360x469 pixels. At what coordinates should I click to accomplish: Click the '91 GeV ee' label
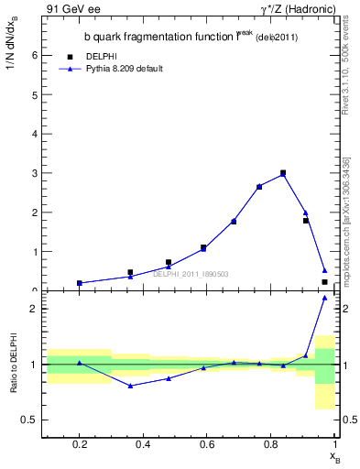tap(72, 8)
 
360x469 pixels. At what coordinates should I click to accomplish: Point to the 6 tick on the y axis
tap(35, 55)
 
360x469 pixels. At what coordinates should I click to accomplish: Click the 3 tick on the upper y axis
tap(35, 173)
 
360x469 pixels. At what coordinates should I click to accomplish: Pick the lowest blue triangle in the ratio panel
tap(131, 386)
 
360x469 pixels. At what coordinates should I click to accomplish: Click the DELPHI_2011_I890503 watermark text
tap(190, 273)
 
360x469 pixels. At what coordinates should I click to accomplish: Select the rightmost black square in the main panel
tap(324, 282)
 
